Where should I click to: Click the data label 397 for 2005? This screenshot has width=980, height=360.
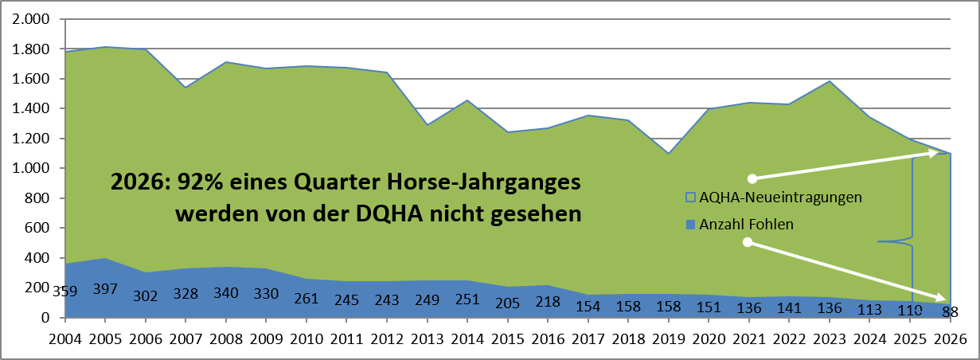pos(105,289)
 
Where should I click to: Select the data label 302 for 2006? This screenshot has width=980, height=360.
pos(145,296)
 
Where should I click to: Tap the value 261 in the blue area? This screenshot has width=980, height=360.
pos(306,298)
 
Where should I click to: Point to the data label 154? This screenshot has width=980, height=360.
pos(588,306)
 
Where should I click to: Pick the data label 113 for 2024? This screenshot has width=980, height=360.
pos(869,310)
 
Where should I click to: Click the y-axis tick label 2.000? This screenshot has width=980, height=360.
pos(31,19)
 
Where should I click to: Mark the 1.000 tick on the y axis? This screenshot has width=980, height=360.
pos(31,168)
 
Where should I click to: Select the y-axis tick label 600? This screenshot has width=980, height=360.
pos(37,228)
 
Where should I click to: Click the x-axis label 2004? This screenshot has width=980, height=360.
pos(65,339)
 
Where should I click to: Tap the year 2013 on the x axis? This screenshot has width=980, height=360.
pos(427,339)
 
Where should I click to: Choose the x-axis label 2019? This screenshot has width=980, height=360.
pos(669,339)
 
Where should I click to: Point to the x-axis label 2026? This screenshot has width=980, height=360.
pos(951,339)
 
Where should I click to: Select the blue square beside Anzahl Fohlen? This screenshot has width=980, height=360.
pos(690,225)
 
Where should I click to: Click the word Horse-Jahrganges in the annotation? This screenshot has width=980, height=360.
pos(484,182)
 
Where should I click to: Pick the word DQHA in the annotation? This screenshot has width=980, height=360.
pos(389,214)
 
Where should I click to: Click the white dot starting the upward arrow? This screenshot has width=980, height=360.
pos(752,178)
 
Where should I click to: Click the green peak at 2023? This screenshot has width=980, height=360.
pos(829,81)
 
